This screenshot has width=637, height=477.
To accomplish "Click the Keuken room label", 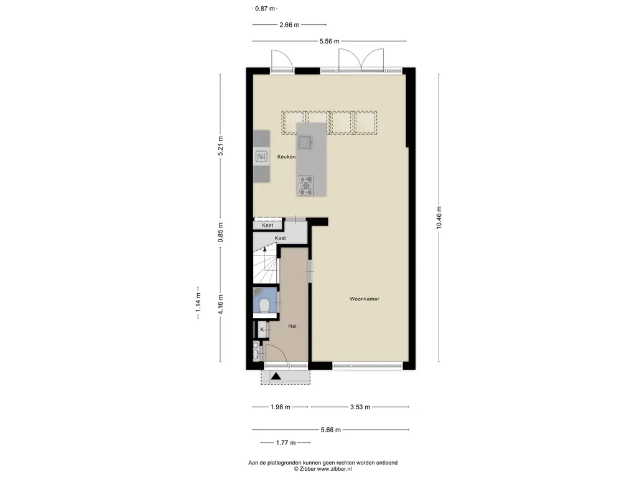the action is pyautogui.click(x=286, y=157).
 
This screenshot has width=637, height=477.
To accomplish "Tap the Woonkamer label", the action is pyautogui.click(x=365, y=299).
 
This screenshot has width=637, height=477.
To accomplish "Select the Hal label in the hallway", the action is pyautogui.click(x=292, y=326).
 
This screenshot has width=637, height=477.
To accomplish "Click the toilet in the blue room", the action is pyautogui.click(x=264, y=306).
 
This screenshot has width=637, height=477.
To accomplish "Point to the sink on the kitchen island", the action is pyautogui.click(x=305, y=142).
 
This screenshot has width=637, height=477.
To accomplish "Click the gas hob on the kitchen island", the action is pyautogui.click(x=306, y=185).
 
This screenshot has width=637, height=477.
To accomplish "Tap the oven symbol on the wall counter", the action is pyautogui.click(x=262, y=156).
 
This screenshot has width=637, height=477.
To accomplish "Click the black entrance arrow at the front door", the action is pyautogui.click(x=276, y=376).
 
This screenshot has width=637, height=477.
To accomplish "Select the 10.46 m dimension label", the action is pyautogui.click(x=439, y=217).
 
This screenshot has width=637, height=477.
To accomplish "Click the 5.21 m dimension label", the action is pyautogui.click(x=221, y=145).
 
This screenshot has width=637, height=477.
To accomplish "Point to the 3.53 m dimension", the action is pyautogui.click(x=360, y=407).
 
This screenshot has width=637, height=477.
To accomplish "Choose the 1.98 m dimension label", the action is pyautogui.click(x=281, y=407).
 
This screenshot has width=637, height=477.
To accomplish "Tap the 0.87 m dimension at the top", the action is pyautogui.click(x=265, y=8).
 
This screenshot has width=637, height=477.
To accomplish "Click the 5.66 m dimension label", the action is pyautogui.click(x=331, y=430).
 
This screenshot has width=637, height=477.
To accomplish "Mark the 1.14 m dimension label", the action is pyautogui.click(x=198, y=302).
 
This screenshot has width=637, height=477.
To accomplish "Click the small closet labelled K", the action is pyautogui.click(x=263, y=330).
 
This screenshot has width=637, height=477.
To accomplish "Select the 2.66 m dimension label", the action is pyautogui.click(x=289, y=25).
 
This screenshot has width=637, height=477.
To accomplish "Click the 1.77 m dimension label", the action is pyautogui.click(x=286, y=442).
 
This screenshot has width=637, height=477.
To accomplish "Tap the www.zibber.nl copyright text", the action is pyautogui.click(x=323, y=469).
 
